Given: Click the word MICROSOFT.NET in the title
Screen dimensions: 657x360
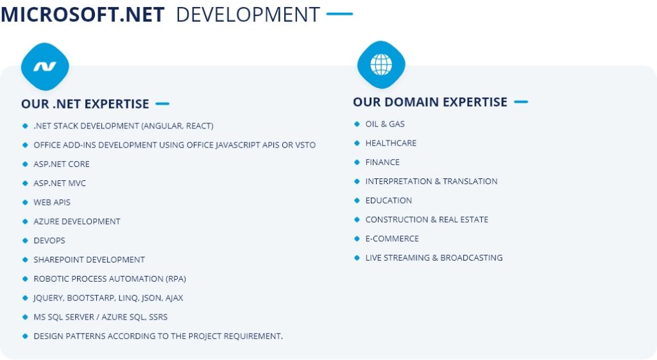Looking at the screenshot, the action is (x=83, y=15).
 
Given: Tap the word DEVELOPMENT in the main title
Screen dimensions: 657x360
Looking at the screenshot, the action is (x=248, y=15).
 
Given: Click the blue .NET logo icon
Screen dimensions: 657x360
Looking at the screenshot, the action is (x=45, y=67).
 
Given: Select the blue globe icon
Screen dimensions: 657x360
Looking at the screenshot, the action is (x=381, y=65).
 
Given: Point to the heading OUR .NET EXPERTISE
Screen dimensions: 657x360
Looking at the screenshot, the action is (x=85, y=104).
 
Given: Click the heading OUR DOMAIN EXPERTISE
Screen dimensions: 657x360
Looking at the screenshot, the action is (x=430, y=102).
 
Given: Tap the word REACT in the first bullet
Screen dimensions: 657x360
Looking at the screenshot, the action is (x=200, y=126).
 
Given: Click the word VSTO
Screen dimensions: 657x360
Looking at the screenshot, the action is (x=305, y=145).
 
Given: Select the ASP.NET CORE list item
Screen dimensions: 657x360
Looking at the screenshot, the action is (x=62, y=164).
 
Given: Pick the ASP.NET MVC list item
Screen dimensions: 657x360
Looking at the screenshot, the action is (x=60, y=183).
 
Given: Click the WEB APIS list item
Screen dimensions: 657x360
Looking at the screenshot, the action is (x=52, y=202).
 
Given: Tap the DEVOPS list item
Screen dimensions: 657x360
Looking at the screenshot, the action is (x=49, y=241).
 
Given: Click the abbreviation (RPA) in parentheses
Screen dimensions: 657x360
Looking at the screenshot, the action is (x=176, y=279).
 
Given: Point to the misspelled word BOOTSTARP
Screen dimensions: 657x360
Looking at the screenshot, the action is (x=90, y=298).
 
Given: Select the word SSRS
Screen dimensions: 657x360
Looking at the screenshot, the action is (x=158, y=317).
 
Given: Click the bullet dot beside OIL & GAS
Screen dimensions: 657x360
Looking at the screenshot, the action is (x=357, y=124).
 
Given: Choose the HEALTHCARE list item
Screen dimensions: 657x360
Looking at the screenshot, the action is (x=391, y=143).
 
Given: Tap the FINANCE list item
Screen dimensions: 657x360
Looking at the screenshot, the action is (x=382, y=162).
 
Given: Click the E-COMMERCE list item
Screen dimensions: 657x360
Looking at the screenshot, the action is (x=392, y=239).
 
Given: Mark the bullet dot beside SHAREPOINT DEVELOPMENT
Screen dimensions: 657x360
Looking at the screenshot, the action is (x=25, y=260).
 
